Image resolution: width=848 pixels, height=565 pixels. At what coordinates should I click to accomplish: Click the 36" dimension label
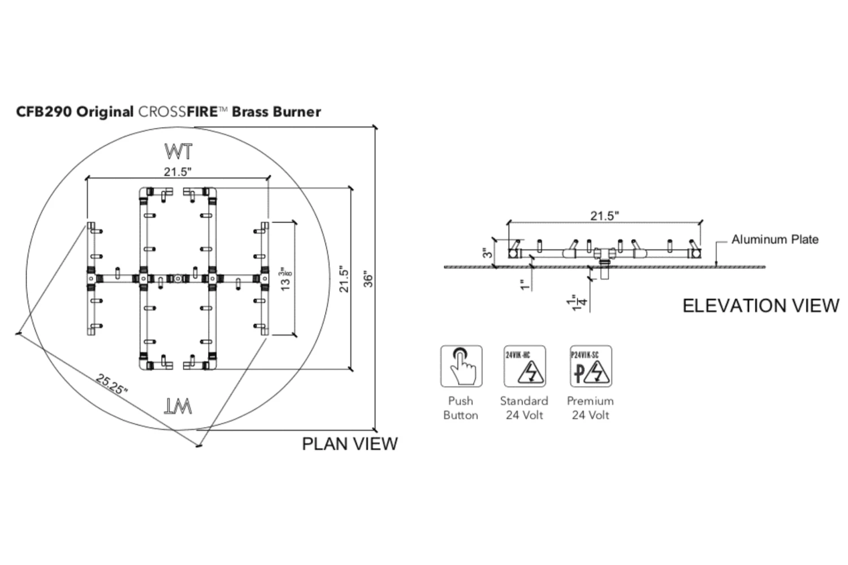click(x=368, y=279)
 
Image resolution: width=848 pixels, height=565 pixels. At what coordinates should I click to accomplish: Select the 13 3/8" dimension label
click(x=287, y=279)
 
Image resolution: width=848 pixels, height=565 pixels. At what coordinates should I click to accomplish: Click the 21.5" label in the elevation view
click(x=604, y=215)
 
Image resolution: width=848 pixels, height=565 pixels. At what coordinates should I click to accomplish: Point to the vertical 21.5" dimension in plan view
click(x=344, y=279)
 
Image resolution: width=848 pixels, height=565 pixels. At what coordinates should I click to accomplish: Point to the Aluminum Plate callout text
click(x=775, y=240)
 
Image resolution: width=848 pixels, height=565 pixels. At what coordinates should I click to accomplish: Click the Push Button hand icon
click(x=461, y=366)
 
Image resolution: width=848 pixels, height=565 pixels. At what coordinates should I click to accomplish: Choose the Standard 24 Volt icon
click(x=525, y=366)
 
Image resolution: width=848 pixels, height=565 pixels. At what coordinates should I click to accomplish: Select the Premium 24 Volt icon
click(x=591, y=366)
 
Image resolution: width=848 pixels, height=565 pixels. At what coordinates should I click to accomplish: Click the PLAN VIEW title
click(x=349, y=444)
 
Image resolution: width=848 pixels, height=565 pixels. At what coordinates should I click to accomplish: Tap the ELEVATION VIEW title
click(x=760, y=306)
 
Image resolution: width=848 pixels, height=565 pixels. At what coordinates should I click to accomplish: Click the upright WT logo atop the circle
click(x=178, y=151)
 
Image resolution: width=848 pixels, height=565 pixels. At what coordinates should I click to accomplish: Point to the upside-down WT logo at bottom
click(x=178, y=406)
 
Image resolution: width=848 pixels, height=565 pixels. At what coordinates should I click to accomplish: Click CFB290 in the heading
click(x=44, y=112)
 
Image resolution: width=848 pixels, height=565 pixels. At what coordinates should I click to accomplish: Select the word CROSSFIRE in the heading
click(x=178, y=112)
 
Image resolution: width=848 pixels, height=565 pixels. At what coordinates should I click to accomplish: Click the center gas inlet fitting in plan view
click(x=178, y=278)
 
